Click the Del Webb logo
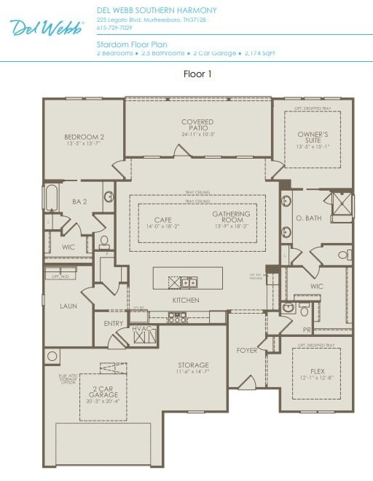[x=47, y=27]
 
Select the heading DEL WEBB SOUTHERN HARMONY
[x=157, y=10]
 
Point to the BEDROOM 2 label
[x=84, y=137]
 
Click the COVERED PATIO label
[x=197, y=125]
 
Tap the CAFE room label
[x=162, y=219]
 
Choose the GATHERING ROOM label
[x=231, y=217]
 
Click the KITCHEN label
[x=186, y=301]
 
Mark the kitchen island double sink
[x=188, y=282]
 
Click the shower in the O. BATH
[x=341, y=203]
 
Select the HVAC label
[x=141, y=329]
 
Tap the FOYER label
[x=247, y=351]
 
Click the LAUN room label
[x=68, y=306]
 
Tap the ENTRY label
[x=114, y=324]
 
